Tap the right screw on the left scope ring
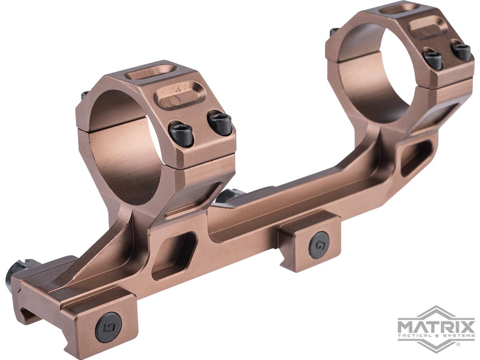(220, 124)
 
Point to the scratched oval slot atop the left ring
(181, 96)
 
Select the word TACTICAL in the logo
(414, 336)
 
